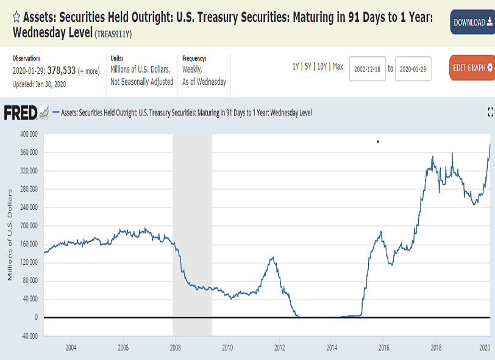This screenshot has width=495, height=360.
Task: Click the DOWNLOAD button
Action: [x=472, y=22]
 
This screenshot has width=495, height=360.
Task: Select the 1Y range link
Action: [x=296, y=67]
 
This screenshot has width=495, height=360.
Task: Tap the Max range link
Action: [x=338, y=67]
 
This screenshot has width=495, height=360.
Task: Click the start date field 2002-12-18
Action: [x=368, y=69]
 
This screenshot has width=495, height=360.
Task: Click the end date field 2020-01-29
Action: [x=413, y=69]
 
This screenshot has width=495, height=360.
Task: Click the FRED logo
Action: [x=26, y=113]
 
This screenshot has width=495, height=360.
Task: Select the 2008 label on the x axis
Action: [x=175, y=348]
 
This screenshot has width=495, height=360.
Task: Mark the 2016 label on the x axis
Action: [x=384, y=348]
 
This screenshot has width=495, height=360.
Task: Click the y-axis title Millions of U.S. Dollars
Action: [x=10, y=235]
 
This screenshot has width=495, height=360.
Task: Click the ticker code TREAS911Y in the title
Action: [x=113, y=34]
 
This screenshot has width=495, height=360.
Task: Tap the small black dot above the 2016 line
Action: [x=378, y=142]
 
